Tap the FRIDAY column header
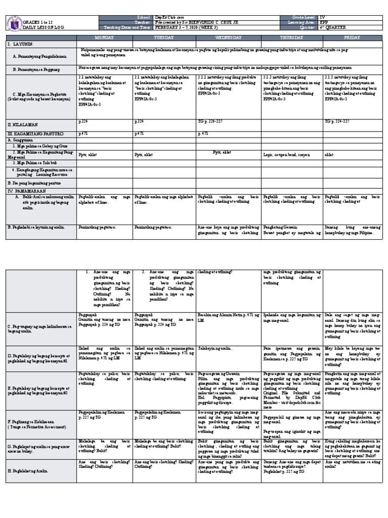coord(353,38)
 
